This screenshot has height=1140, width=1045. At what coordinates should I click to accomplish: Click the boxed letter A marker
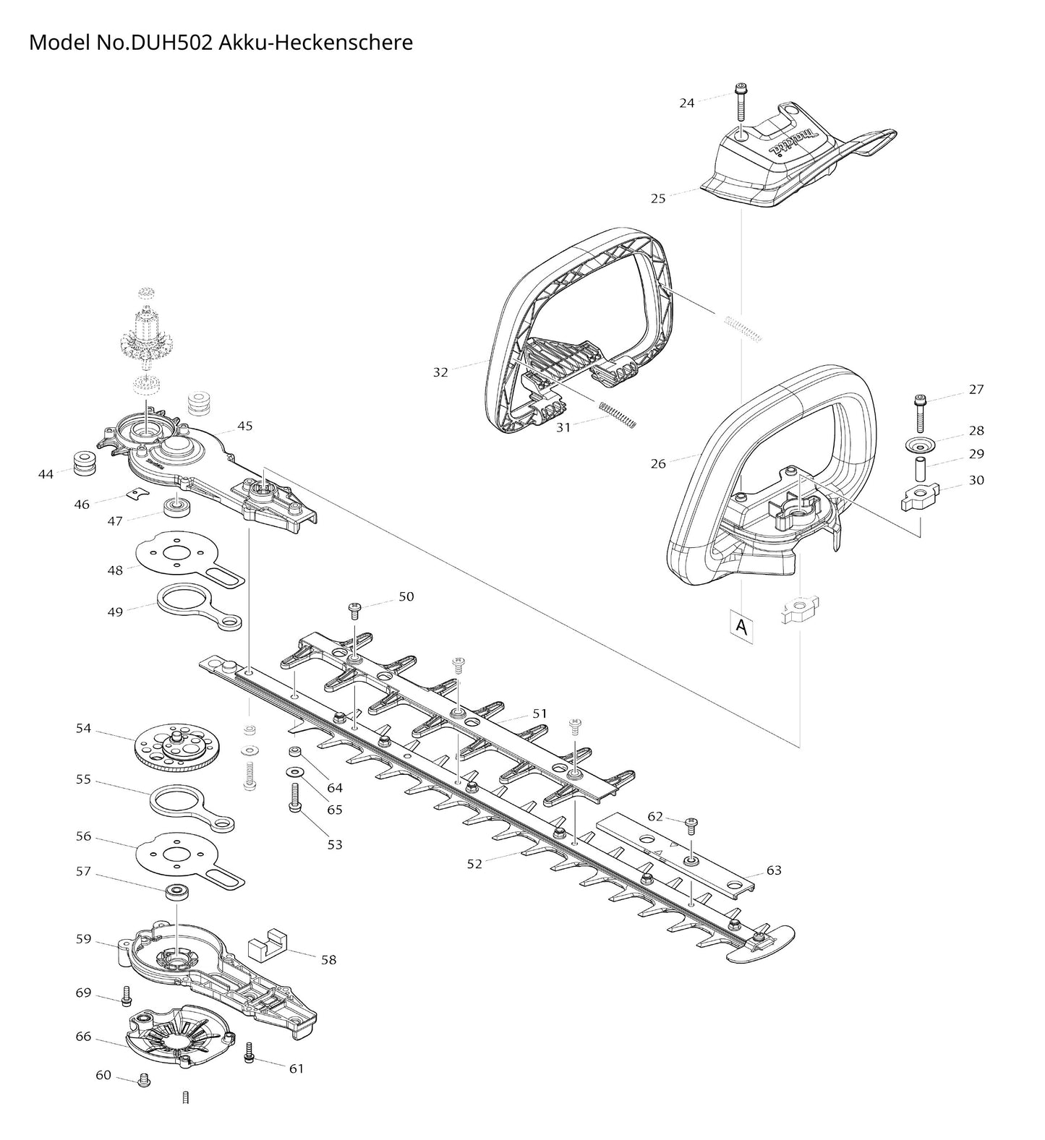[x=741, y=627]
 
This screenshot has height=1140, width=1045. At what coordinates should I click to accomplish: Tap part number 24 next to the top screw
[x=686, y=103]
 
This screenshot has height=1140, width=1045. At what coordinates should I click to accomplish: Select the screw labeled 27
[x=921, y=413]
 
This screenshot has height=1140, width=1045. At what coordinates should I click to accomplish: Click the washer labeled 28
[x=920, y=443]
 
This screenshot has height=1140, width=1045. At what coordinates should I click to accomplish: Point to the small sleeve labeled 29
[x=921, y=468]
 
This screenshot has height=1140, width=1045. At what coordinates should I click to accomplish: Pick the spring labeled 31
[x=617, y=413]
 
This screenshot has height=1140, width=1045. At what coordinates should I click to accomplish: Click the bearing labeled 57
[x=176, y=891]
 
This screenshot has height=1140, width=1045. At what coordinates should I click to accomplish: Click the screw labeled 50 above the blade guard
[x=355, y=611]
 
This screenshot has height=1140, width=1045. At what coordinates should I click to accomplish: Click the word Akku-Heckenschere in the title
[x=315, y=42]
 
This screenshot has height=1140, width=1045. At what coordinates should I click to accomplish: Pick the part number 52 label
[x=474, y=863]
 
